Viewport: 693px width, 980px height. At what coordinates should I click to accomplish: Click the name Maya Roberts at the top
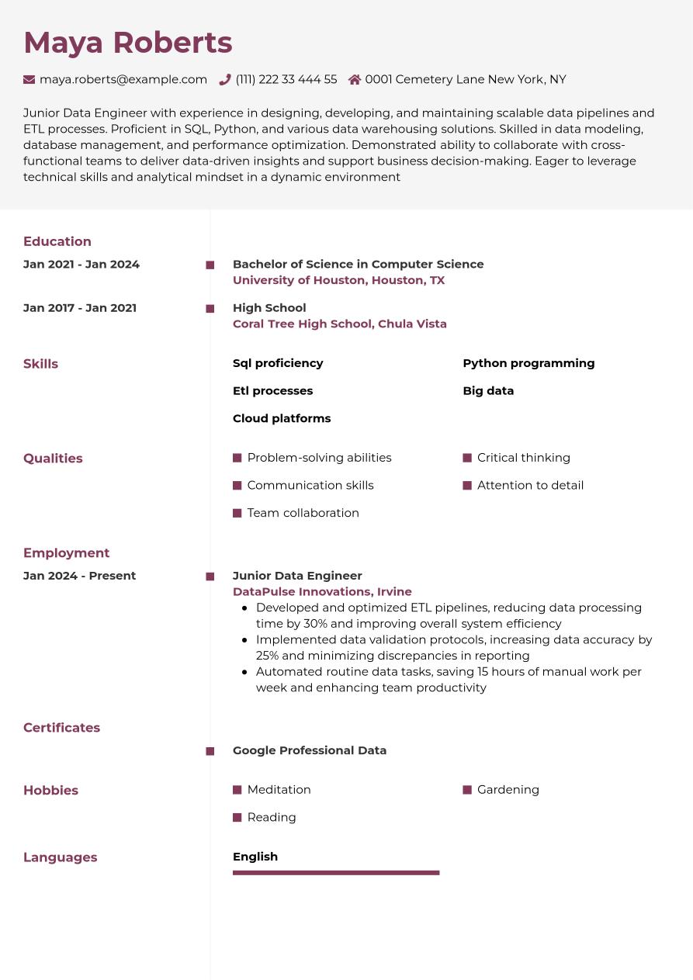tap(128, 43)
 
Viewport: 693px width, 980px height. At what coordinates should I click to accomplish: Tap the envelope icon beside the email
tap(29, 79)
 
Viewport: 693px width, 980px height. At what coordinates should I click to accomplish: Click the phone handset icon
tap(225, 79)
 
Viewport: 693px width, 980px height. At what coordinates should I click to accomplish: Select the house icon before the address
tap(355, 79)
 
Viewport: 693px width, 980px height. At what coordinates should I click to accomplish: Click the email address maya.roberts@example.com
tap(123, 79)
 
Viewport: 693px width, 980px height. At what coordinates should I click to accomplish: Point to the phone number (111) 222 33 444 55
tap(286, 79)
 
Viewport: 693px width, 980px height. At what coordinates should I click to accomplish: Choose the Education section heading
tap(57, 241)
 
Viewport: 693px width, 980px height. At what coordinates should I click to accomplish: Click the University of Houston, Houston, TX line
tap(338, 280)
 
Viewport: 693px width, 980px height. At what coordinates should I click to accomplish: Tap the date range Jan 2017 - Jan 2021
tap(80, 308)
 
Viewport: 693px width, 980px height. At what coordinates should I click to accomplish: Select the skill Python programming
tap(528, 363)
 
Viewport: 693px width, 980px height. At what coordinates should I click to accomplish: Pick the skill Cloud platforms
tap(282, 418)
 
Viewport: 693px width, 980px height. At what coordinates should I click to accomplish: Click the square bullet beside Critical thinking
tap(467, 458)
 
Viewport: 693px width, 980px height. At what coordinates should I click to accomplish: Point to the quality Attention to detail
tap(530, 485)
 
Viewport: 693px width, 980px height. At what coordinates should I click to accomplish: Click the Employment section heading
tap(66, 552)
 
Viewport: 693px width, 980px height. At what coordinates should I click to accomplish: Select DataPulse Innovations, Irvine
tap(322, 591)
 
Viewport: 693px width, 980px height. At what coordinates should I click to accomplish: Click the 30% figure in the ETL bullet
tap(316, 623)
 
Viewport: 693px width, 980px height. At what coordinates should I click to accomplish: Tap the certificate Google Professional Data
tap(310, 750)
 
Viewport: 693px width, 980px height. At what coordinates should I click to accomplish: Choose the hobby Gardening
tap(508, 789)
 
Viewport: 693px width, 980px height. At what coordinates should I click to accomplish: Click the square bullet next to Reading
tap(237, 817)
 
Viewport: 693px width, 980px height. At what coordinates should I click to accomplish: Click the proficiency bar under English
tap(336, 873)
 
